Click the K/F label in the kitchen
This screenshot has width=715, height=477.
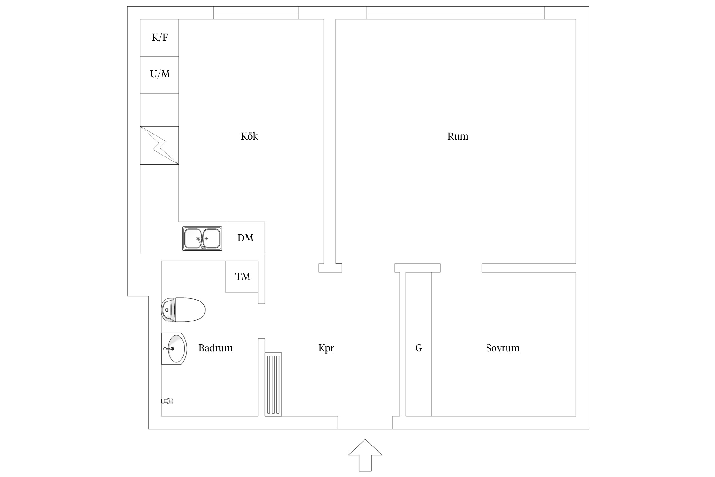160,38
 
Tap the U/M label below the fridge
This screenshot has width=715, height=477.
160,74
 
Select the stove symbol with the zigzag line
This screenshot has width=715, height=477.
160,145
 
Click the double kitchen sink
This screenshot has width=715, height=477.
202,238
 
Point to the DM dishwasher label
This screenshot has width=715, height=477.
245,238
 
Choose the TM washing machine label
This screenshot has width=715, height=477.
243,276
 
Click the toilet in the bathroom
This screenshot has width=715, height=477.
183,310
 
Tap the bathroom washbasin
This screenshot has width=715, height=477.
174,349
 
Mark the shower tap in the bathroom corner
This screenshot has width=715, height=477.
167,401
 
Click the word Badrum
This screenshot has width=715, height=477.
215,348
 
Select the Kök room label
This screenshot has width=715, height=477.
249,136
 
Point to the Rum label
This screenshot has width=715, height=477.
458,136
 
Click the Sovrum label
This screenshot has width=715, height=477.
503,348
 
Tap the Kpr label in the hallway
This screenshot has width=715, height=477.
326,348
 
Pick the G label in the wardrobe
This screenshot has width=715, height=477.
419,348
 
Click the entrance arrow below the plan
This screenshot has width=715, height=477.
365,455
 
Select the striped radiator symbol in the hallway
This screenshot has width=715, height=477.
273,384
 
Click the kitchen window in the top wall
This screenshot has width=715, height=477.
256,13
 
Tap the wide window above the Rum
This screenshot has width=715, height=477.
455,13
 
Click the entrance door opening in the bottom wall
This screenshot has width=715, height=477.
365,423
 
